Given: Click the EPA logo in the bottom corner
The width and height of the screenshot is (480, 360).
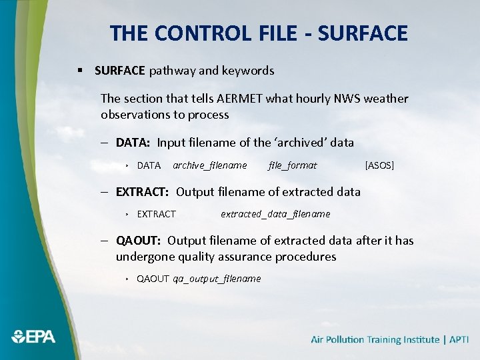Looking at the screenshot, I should point(33,337).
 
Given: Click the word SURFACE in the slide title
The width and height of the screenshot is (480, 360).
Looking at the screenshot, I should point(362,33).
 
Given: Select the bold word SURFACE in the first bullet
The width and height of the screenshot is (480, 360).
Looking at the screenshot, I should point(120,70).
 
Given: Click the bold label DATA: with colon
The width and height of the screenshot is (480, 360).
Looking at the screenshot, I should point(133,143).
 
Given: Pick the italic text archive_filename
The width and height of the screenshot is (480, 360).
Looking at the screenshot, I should point(209,165).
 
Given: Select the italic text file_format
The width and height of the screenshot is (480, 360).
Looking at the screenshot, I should point(293,165).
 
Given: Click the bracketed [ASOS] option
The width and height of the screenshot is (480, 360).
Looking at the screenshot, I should point(379,165).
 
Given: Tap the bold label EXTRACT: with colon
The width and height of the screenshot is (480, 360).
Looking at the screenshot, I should point(142,192).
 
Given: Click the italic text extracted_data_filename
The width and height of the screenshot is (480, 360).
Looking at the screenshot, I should point(275,214).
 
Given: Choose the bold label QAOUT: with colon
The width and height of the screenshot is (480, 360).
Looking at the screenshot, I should point(138,241).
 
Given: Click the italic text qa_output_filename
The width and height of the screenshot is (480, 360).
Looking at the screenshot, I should point(217,279).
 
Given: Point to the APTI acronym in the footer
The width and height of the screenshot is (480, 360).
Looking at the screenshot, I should point(459,340).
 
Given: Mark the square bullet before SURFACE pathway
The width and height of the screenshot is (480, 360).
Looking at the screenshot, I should point(79,71).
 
